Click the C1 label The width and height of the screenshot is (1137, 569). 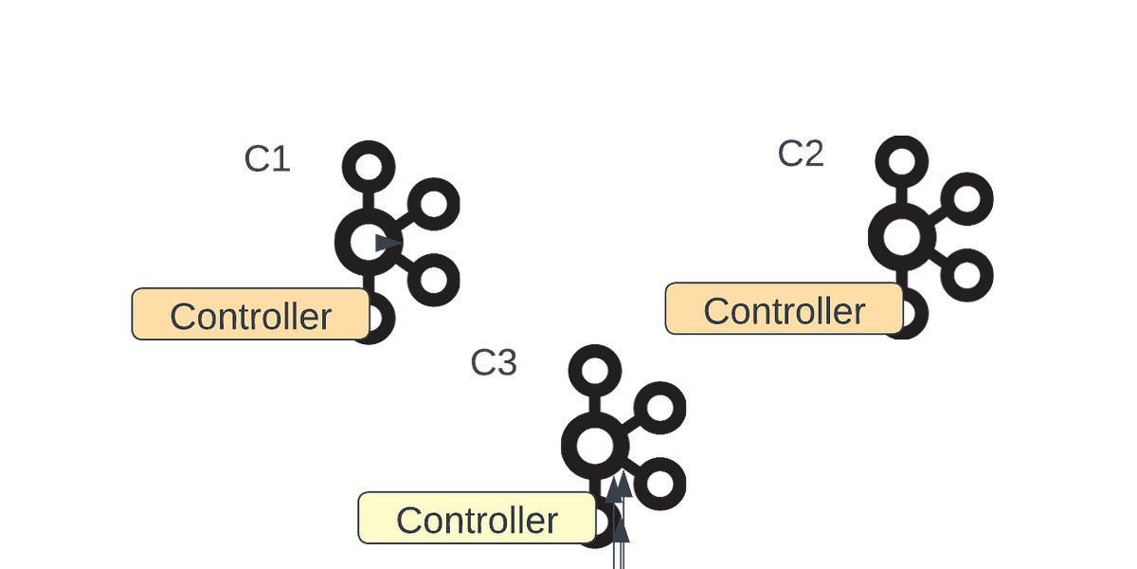(266, 159)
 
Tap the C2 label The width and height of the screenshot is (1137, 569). (801, 154)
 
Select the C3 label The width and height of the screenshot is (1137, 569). (494, 363)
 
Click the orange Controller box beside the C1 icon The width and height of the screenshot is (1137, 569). (250, 315)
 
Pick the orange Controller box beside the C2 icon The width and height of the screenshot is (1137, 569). (784, 309)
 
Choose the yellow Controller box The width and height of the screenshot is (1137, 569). (477, 519)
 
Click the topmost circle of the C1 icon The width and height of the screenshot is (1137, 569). (368, 167)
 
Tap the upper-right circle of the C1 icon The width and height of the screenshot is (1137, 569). (433, 203)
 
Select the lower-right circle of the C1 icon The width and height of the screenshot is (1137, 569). (433, 280)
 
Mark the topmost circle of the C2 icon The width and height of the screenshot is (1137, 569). (901, 161)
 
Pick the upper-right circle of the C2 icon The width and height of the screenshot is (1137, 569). (966, 198)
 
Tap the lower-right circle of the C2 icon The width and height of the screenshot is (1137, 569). (966, 275)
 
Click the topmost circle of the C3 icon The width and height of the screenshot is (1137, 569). (595, 370)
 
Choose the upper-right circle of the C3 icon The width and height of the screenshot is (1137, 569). (659, 408)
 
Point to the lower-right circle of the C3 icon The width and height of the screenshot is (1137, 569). (659, 483)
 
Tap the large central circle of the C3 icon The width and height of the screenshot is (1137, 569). (595, 445)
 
